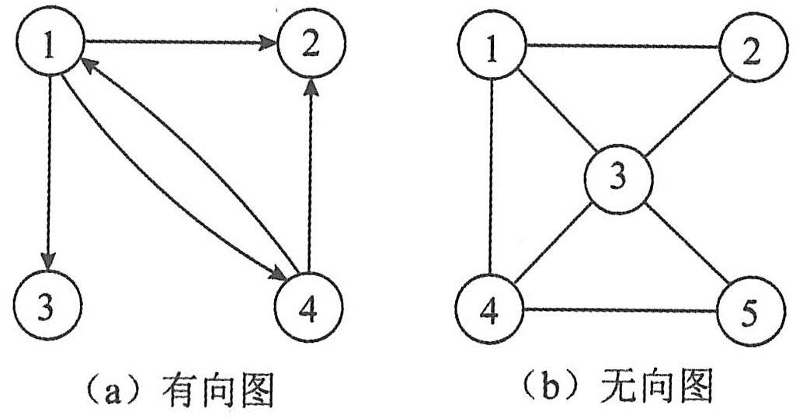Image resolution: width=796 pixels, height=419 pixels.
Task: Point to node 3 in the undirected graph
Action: click(618, 178)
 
